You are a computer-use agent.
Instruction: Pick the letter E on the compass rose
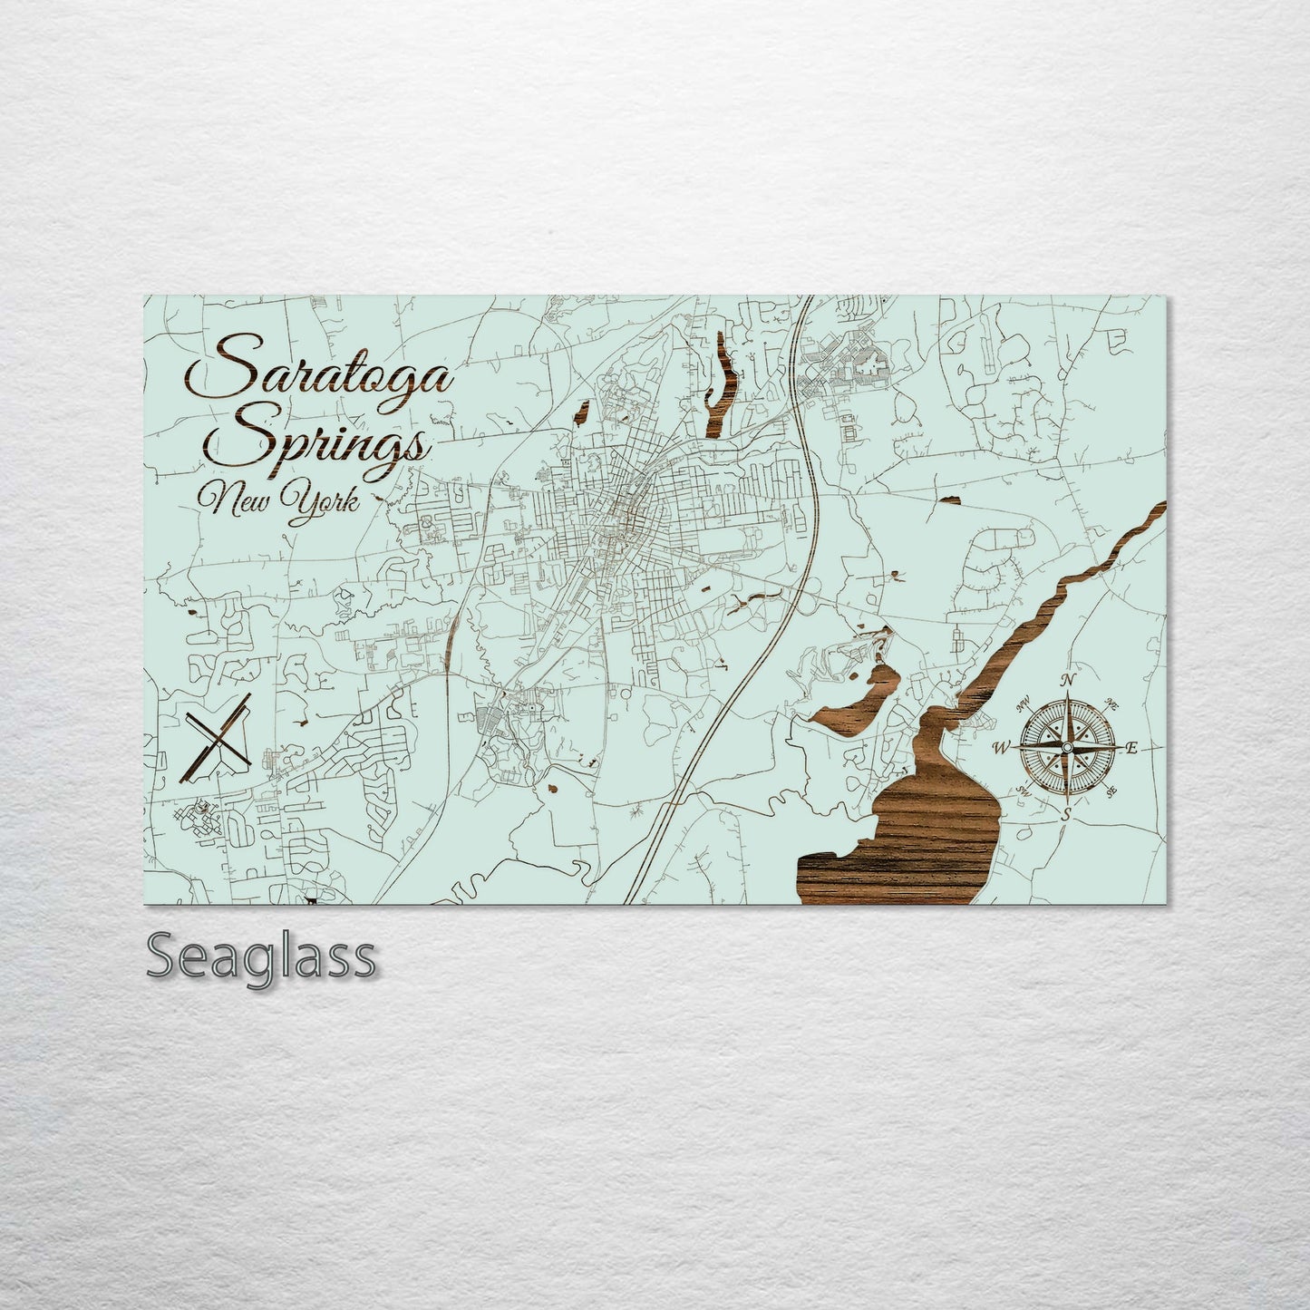(1131, 748)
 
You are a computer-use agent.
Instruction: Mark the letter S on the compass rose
(1067, 814)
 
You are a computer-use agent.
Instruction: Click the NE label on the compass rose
(1113, 704)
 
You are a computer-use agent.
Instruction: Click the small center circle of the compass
(1067, 747)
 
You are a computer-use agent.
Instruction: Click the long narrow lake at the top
(722, 381)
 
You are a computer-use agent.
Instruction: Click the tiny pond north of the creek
(950, 499)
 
